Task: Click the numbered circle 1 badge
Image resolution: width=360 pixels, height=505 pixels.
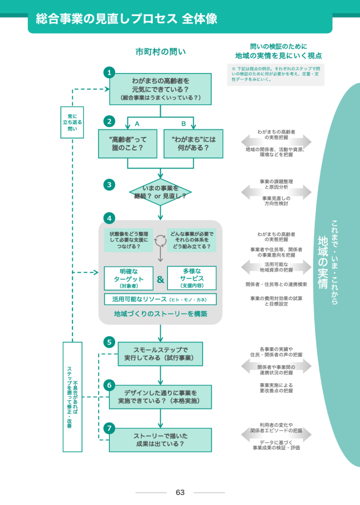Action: [x=109, y=72]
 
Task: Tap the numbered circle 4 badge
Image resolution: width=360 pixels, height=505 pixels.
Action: [x=109, y=218]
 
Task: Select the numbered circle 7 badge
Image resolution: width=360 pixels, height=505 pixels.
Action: [x=109, y=428]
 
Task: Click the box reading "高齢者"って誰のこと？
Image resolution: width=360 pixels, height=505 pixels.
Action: [x=127, y=144]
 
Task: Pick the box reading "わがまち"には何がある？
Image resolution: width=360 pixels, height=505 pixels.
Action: [x=193, y=144]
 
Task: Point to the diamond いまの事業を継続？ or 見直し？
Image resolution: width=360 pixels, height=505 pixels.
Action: [x=160, y=192]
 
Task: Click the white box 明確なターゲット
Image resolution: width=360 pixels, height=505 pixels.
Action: [x=129, y=278]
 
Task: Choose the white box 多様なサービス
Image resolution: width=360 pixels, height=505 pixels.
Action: [x=192, y=278]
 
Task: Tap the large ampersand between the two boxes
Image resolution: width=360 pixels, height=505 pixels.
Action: [x=160, y=279]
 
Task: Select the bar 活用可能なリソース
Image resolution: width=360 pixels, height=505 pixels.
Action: [x=160, y=299]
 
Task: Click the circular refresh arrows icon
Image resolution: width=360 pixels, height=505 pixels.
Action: [x=160, y=241]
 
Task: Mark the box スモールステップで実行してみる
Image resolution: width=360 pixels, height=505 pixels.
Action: [x=160, y=354]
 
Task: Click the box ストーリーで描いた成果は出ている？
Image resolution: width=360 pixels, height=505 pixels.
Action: [x=160, y=440]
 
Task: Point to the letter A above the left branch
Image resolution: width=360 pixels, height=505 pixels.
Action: [x=137, y=124]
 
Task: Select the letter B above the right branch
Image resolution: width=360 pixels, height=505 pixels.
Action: [x=183, y=124]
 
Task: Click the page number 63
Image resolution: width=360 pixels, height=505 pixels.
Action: [x=180, y=492]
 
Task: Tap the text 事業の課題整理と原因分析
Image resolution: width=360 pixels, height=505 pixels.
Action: [x=276, y=184]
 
